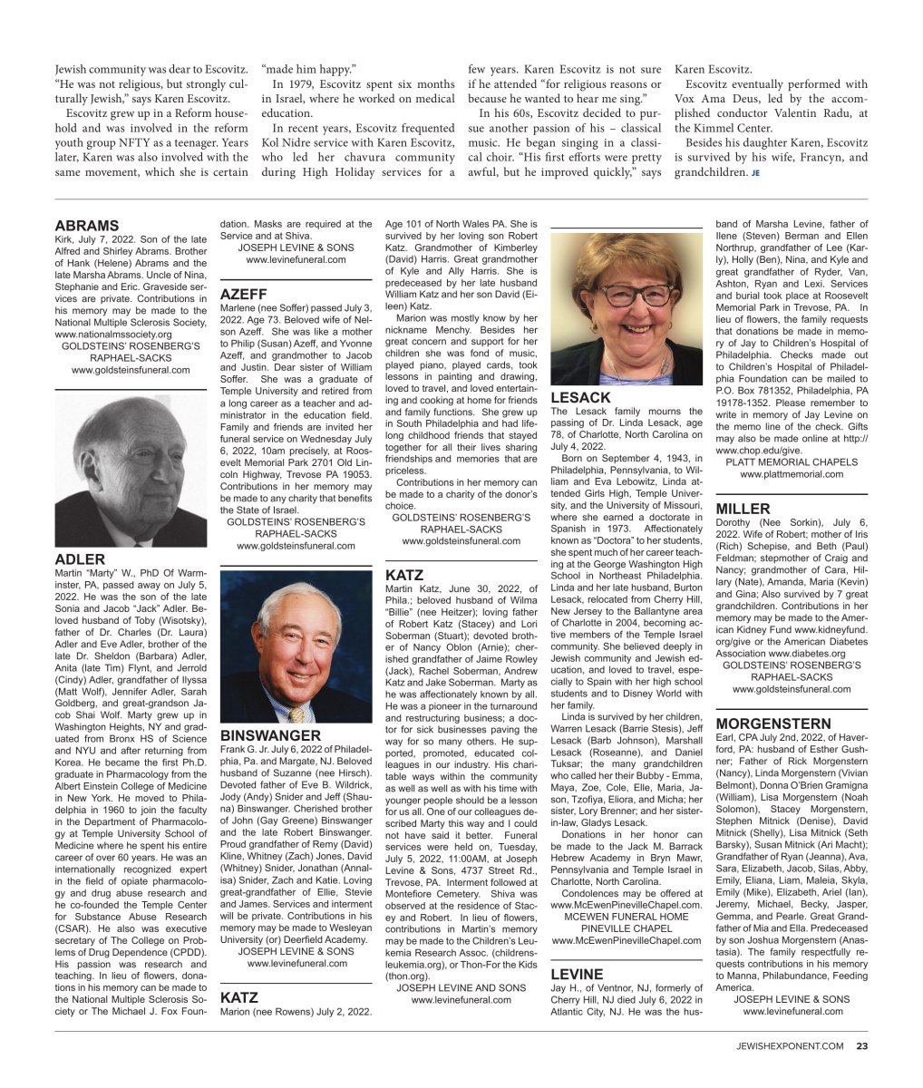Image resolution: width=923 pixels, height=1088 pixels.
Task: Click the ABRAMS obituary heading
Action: point(87,226)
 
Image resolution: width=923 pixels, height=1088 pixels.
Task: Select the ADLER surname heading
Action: point(80,559)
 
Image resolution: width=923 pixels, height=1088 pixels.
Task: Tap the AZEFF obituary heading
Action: point(244,295)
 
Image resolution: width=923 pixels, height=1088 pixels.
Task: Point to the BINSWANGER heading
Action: point(270,735)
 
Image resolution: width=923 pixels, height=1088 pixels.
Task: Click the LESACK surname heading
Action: point(580,398)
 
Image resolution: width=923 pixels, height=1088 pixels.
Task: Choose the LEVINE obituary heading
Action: point(577,974)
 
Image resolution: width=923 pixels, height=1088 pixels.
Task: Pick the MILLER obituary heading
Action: point(743,509)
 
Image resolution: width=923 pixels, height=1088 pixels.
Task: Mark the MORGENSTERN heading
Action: point(772,724)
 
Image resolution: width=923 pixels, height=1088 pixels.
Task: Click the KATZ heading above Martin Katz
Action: point(404,575)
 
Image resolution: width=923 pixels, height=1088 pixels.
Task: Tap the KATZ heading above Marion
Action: point(239,997)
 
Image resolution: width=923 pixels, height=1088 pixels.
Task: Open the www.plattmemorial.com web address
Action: point(792,474)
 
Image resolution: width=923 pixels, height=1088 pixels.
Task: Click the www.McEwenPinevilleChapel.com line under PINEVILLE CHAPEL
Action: point(627,940)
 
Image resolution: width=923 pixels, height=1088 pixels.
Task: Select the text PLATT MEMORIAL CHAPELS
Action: point(792,461)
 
